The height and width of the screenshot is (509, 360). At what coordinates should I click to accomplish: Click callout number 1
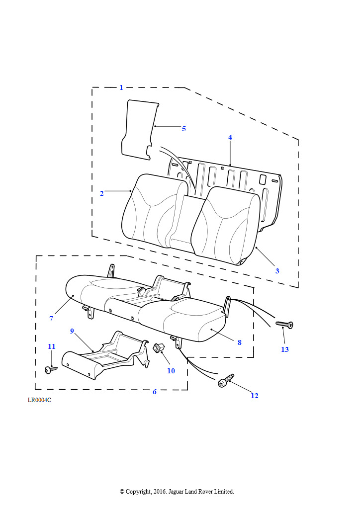(121, 88)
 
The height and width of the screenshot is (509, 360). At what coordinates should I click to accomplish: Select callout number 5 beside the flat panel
(183, 129)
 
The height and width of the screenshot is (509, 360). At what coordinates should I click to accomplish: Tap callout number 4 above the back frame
(230, 137)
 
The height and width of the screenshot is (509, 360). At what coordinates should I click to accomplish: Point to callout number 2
(102, 193)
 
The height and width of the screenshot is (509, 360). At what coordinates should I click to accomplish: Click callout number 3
(277, 271)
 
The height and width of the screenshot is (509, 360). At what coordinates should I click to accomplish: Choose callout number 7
(51, 319)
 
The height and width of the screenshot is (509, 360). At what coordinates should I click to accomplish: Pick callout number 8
(239, 342)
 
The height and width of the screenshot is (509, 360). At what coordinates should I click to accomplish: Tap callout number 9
(72, 331)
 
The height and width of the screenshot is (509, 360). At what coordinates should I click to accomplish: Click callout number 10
(171, 371)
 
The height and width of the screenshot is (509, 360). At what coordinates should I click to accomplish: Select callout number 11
(52, 346)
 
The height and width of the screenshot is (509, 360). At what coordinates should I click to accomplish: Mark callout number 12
(255, 396)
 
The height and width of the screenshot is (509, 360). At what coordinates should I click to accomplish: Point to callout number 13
(284, 349)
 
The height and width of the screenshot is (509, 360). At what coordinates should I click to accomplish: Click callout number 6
(154, 392)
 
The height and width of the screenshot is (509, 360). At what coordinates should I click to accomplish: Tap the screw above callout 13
(284, 325)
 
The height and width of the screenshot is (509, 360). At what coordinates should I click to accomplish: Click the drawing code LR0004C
(39, 400)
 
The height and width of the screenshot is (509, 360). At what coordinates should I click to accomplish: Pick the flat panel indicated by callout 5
(138, 129)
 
